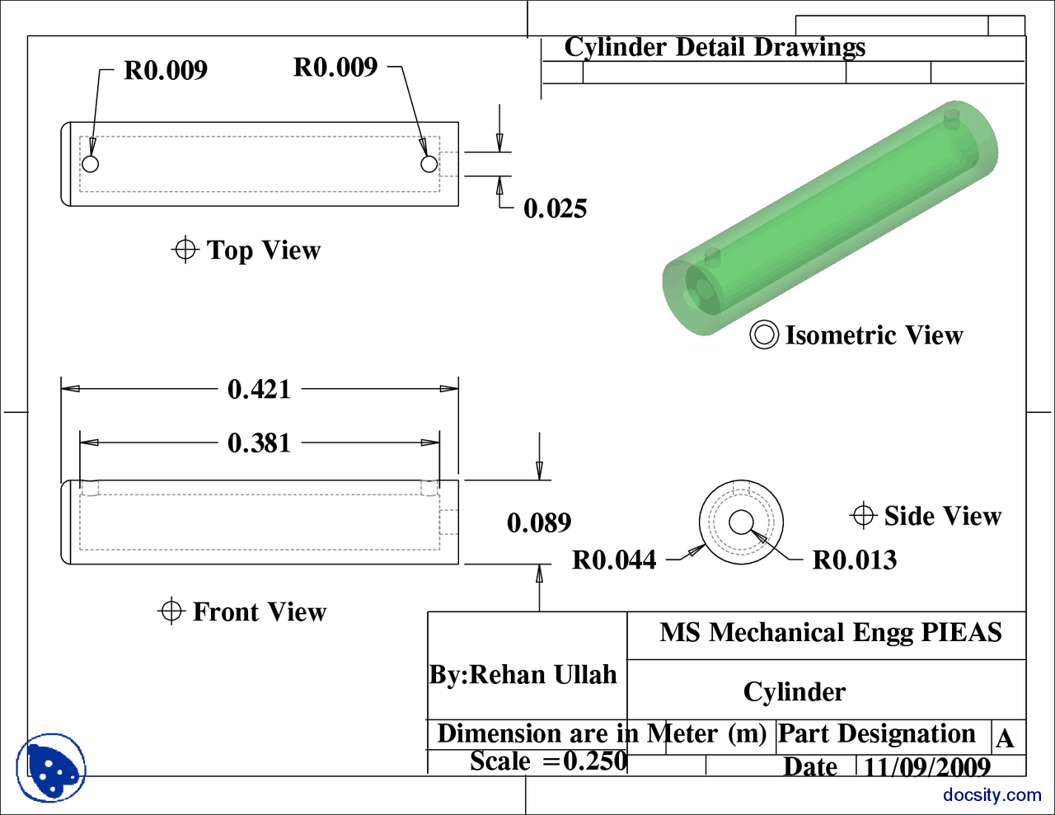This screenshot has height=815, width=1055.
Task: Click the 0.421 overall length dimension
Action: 259,389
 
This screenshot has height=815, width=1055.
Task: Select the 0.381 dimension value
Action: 259,443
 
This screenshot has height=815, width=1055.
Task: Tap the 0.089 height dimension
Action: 539,522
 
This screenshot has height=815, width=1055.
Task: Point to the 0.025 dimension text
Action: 555,208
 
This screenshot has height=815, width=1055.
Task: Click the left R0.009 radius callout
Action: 166,71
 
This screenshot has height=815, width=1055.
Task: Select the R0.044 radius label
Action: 614,560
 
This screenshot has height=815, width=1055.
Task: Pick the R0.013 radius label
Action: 854,560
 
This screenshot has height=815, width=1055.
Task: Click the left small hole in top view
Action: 91,164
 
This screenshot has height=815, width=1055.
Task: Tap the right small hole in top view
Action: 429,164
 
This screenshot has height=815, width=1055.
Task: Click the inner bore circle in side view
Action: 740,522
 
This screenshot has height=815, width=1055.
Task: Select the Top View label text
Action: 263,250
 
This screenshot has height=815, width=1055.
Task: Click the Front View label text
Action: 259,611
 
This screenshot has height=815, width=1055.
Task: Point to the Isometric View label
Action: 873,335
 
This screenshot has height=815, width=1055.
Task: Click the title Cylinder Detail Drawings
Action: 715,47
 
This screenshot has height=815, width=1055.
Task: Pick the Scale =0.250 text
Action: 548,761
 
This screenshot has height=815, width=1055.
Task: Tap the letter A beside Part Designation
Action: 1004,738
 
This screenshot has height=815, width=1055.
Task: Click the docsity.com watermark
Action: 992,795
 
